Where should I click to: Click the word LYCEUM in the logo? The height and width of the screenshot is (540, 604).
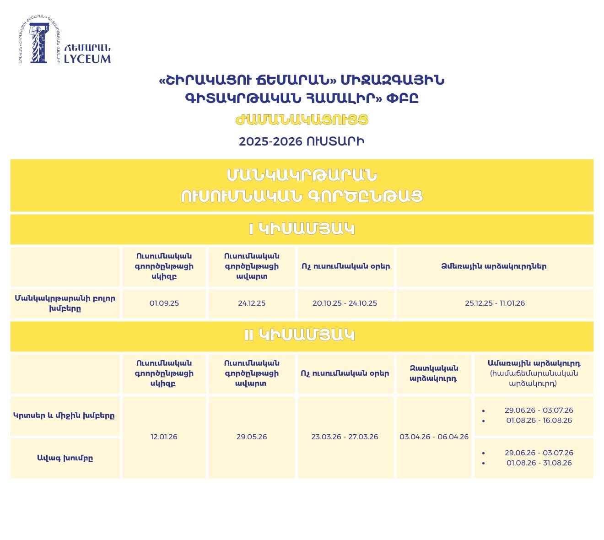87,59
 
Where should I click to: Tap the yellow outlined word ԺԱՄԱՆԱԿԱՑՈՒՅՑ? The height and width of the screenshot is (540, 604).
302,120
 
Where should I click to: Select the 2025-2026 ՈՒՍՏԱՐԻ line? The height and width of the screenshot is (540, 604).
302,141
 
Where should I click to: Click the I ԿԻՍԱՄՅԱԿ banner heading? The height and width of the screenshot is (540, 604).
302,229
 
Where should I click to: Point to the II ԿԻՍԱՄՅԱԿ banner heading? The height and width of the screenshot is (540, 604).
302,335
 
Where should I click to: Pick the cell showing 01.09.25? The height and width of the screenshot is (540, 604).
164,303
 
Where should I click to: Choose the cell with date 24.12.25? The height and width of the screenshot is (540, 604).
252,303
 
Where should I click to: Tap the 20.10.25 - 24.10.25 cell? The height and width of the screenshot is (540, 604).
345,303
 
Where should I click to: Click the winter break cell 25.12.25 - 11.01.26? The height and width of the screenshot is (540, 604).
495,303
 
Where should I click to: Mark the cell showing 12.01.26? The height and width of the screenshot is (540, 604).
164,437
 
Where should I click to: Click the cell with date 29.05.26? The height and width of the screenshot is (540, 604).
252,437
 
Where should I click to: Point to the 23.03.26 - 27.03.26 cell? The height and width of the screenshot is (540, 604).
345,437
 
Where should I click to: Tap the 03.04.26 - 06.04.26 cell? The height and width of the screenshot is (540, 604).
434,437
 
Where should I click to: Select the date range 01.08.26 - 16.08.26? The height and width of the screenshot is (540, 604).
539,420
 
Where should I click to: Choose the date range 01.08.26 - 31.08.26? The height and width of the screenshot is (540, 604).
539,463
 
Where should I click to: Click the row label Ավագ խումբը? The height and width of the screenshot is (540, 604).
65,458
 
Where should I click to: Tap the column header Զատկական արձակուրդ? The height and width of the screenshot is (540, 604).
434,373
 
